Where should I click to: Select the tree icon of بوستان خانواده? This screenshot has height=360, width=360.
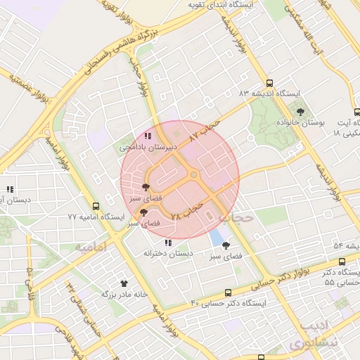(x=301, y=111)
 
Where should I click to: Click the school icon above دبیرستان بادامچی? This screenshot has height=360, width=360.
(x=147, y=136)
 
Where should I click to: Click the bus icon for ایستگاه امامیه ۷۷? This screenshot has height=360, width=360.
(x=96, y=206)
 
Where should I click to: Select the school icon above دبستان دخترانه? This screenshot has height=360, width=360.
(x=167, y=243)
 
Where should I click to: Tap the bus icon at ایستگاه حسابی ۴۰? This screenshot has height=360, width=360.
(x=228, y=292)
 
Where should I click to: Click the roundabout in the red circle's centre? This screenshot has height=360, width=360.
(x=193, y=175)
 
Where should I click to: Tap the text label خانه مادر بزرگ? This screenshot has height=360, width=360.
(x=124, y=295)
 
